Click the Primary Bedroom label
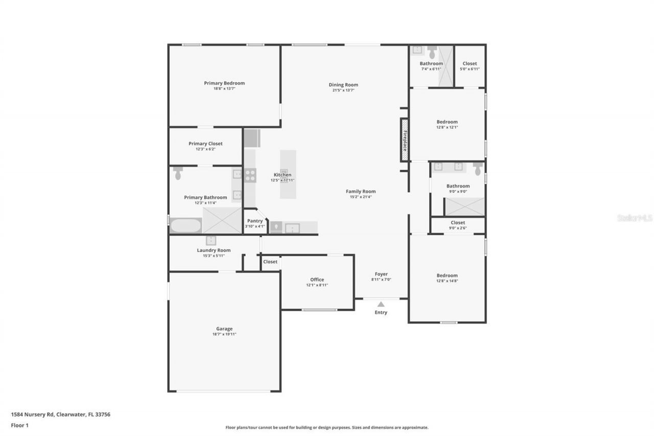[224, 83]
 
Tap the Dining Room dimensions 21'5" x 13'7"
[343, 90]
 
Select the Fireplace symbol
[404, 140]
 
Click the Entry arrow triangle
[381, 304]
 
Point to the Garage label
[224, 329]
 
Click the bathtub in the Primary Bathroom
[185, 225]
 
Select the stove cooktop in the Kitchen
[250, 175]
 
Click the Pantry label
[254, 221]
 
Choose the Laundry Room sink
[211, 240]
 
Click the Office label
[317, 280]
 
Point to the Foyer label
[381, 274]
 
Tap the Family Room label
[360, 191]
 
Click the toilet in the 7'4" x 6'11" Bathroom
[433, 52]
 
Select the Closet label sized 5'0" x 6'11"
[470, 64]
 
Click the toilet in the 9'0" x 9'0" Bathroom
[478, 168]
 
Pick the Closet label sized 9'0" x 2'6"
[457, 222]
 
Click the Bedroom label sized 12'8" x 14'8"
[447, 276]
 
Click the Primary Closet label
[205, 144]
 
